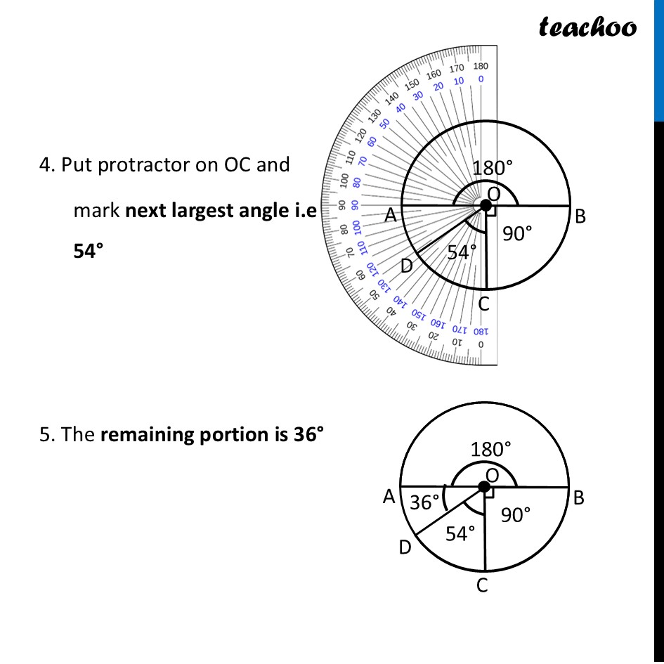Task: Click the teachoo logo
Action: click(x=587, y=27)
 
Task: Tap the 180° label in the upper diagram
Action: click(x=492, y=169)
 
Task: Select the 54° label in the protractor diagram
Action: click(x=462, y=252)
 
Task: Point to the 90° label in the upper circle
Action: click(x=518, y=234)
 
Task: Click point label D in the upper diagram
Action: click(x=407, y=266)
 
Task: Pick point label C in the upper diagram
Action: click(x=483, y=305)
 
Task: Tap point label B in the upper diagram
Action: click(x=580, y=217)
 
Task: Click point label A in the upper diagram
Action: click(x=391, y=217)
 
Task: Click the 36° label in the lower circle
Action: click(x=424, y=502)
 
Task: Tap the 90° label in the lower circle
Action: click(x=516, y=515)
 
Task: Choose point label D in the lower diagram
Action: click(x=405, y=547)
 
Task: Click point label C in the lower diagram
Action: click(x=482, y=585)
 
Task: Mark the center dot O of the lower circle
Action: click(x=484, y=487)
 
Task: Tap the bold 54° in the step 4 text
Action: click(x=89, y=252)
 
